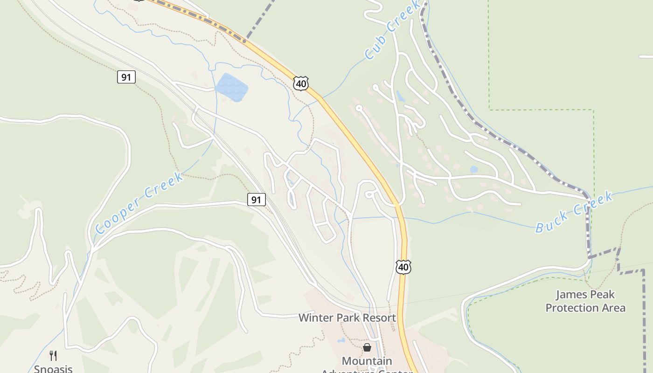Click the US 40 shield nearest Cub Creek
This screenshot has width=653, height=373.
[x=301, y=83]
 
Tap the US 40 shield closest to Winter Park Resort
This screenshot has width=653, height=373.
[x=403, y=267]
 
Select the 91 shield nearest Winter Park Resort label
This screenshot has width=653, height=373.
[x=256, y=200]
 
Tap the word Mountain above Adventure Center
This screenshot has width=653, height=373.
[x=367, y=361]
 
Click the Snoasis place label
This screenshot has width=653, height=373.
[x=53, y=369]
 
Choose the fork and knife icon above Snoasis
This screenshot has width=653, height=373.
[x=53, y=356]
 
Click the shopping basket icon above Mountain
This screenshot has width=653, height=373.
[x=367, y=347]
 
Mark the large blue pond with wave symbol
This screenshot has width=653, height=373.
[x=231, y=87]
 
